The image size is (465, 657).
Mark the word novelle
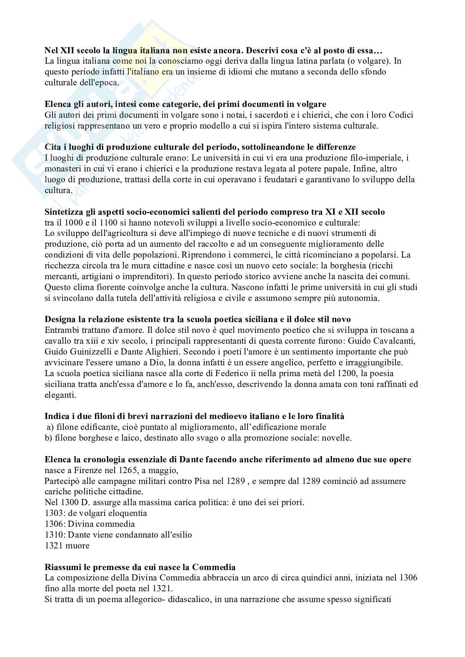[338, 438]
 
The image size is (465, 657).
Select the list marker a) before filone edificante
[50, 427]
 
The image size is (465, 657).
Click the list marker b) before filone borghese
[48, 438]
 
